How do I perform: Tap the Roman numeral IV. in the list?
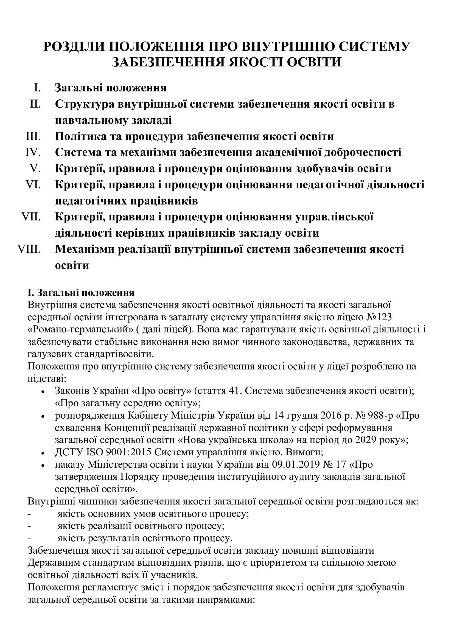point(33,152)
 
